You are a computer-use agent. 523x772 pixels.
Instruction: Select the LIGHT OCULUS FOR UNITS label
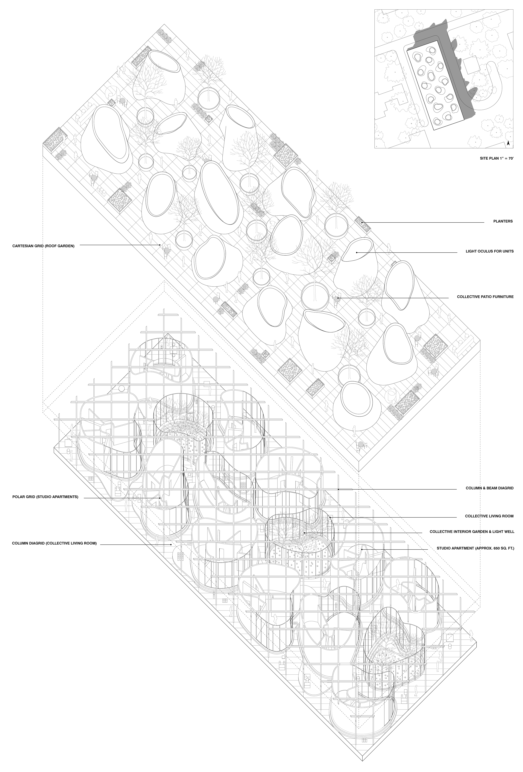(489, 251)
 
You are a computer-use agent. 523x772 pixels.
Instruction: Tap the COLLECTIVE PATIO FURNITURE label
(485, 297)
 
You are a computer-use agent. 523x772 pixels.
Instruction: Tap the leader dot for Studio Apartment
(363, 549)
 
